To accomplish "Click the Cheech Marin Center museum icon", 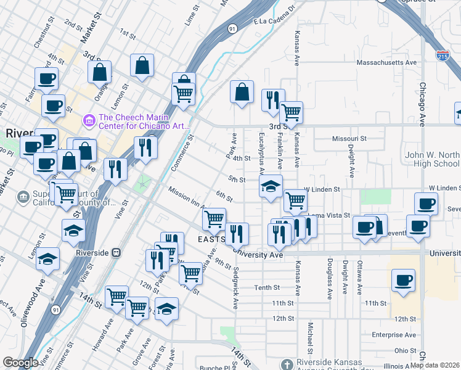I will tap(89, 118).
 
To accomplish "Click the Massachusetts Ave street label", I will tap(388, 62).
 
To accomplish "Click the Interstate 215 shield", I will tap(442, 55).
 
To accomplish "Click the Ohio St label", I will tap(406, 350).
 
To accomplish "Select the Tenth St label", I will tap(267, 287).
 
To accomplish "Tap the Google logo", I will tap(20, 363).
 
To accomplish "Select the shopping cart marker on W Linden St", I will tap(296, 200).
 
